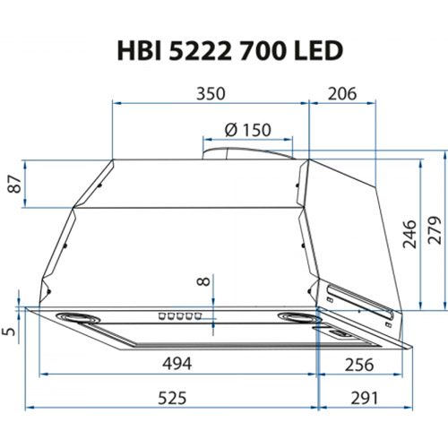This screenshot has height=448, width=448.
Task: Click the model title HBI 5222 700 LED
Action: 228,50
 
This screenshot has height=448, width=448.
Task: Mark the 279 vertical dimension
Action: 435,234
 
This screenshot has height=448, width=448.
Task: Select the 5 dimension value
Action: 10,332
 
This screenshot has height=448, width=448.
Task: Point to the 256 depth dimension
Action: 358,363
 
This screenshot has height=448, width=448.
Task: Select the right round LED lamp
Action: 296,317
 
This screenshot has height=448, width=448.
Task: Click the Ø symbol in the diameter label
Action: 229,130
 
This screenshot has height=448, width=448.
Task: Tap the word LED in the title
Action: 319,50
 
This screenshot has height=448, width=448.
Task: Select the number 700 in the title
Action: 268,50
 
